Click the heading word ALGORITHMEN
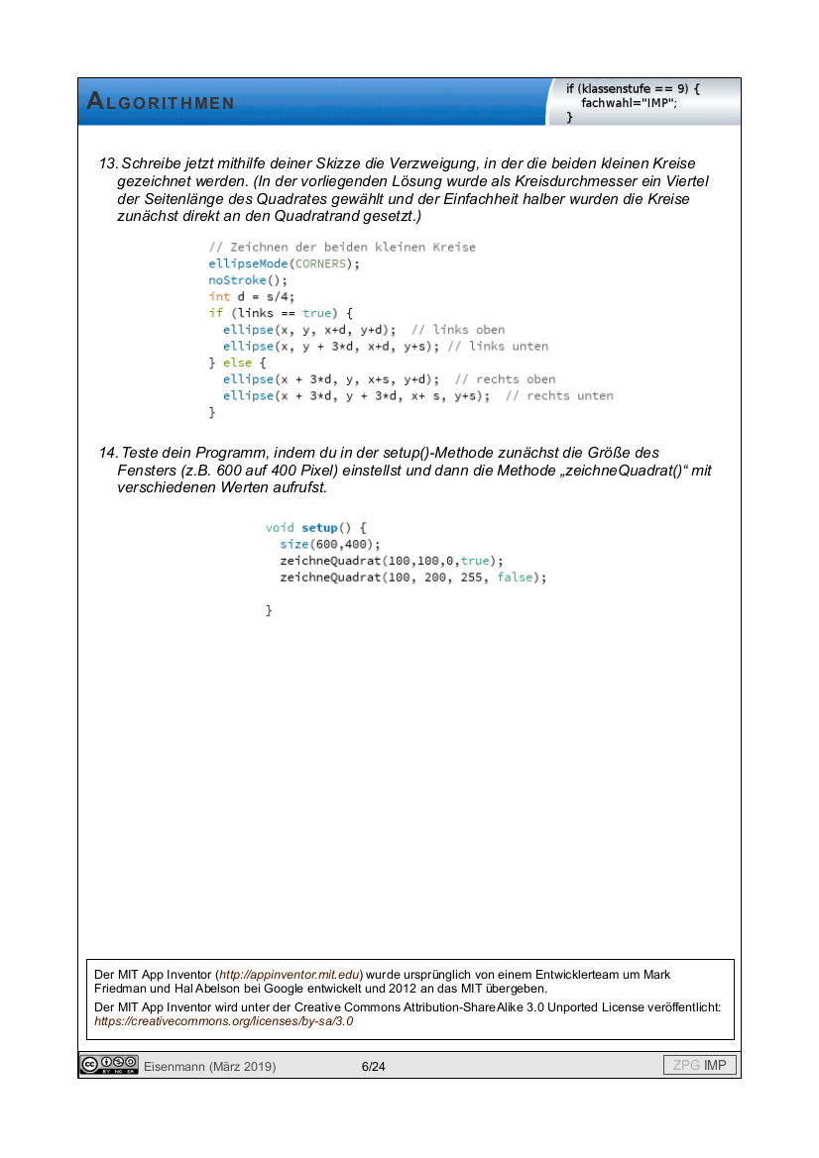click(161, 102)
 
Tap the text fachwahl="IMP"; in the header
click(629, 103)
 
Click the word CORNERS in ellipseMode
click(324, 263)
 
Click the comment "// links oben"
click(457, 330)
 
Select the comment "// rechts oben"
click(505, 379)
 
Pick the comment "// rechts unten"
click(559, 396)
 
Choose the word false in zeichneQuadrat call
click(515, 578)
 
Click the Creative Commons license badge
click(109, 1066)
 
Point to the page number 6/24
click(374, 1067)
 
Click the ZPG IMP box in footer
click(699, 1066)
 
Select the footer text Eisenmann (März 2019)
click(209, 1067)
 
